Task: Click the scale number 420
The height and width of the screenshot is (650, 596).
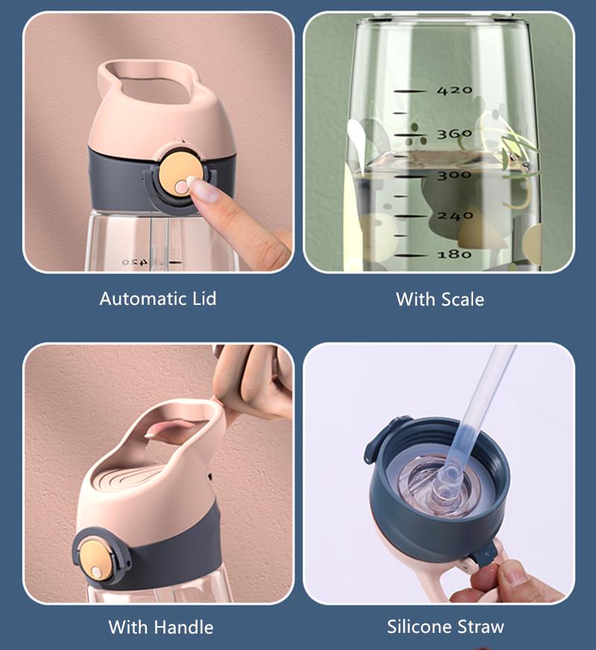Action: click(x=454, y=91)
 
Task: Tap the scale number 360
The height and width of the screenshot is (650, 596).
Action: click(x=454, y=134)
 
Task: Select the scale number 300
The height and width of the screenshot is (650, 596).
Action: click(x=454, y=174)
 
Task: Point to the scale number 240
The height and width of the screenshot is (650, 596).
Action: click(x=454, y=215)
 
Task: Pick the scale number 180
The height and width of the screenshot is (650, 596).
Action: click(x=454, y=254)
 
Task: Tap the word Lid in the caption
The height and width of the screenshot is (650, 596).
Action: click(x=201, y=299)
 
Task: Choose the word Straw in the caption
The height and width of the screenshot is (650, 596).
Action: click(x=482, y=626)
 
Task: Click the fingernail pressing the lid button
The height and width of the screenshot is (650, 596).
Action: click(x=195, y=180)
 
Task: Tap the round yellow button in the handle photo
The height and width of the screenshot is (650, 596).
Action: click(x=98, y=550)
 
